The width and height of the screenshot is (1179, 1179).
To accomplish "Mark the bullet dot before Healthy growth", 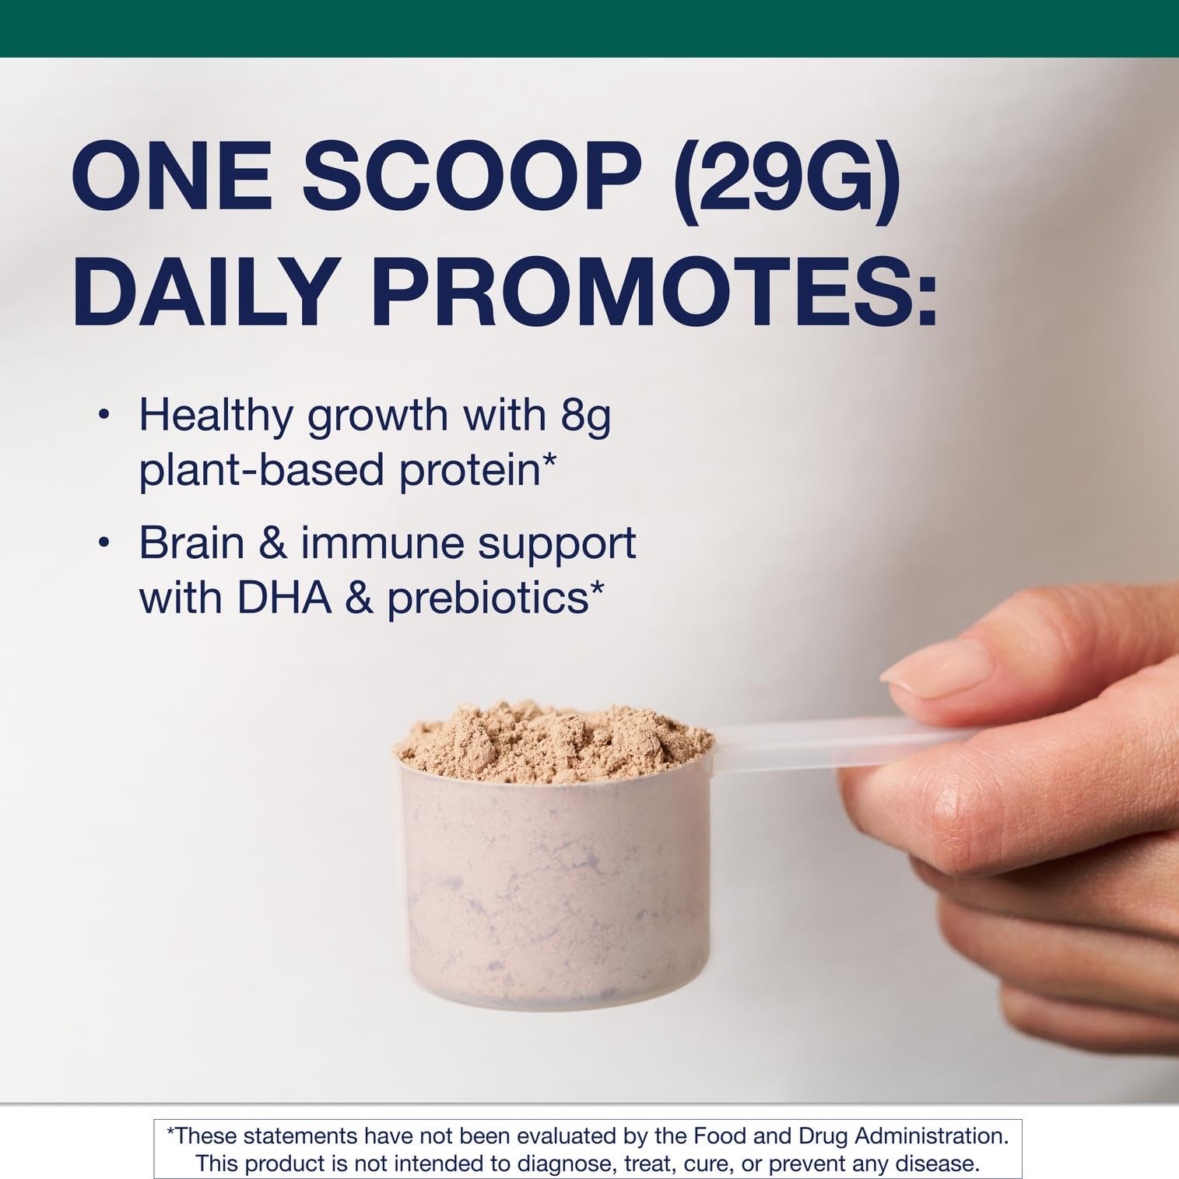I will click(102, 416).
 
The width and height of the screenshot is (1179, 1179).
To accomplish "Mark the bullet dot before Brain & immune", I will click(102, 542).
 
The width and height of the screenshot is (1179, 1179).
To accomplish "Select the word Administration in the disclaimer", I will click(931, 1136).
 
